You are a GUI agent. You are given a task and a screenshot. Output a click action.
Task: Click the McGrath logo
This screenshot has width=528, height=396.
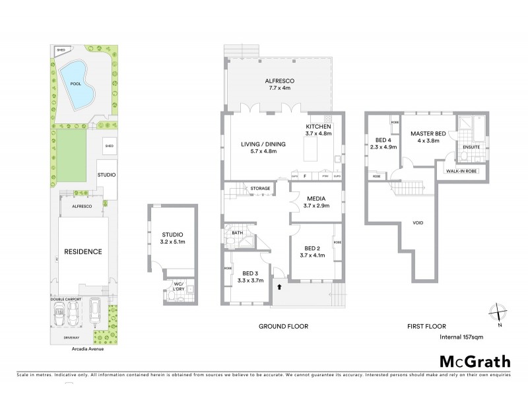click(475, 361)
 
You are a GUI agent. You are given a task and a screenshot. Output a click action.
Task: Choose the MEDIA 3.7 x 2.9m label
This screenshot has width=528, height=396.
click(316, 201)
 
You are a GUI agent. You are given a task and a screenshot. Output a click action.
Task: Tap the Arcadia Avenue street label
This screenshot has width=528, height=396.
click(76, 348)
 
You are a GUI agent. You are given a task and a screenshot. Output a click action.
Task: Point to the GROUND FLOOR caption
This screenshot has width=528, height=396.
click(284, 326)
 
